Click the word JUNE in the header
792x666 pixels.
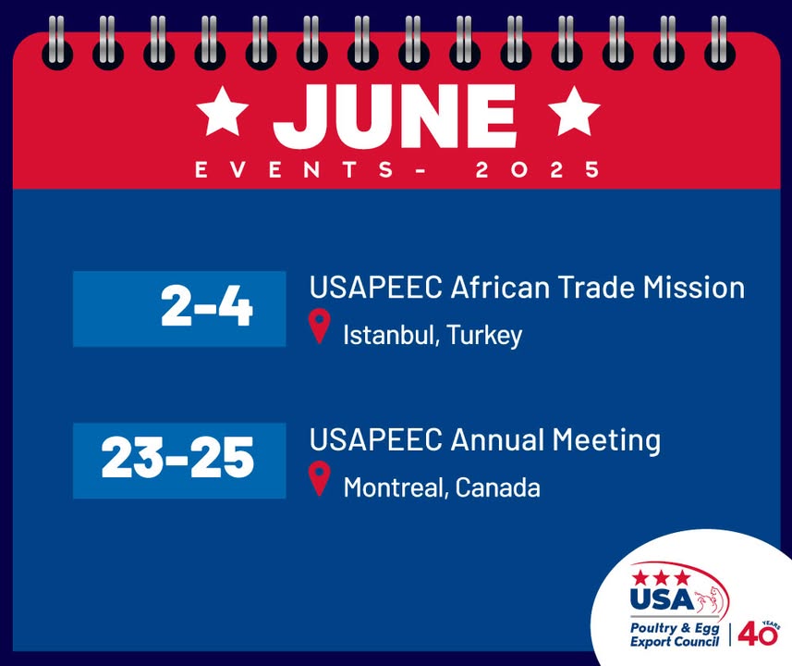tap(395, 116)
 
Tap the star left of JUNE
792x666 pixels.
tap(222, 110)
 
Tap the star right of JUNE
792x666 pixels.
tap(574, 110)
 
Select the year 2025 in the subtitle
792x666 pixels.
tap(538, 169)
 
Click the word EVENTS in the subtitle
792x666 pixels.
tap(295, 169)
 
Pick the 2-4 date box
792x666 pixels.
tap(179, 308)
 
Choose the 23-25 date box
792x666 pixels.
tap(179, 460)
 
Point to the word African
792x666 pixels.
tap(500, 288)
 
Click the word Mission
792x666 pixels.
tap(694, 288)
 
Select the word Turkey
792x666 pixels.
tap(484, 336)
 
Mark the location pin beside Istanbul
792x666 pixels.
tap(319, 327)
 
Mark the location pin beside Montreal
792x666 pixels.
tap(319, 478)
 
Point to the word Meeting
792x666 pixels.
tap(606, 440)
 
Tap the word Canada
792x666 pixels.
tap(497, 487)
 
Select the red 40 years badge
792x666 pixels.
tap(758, 633)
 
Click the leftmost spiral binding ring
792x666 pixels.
tap(57, 43)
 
